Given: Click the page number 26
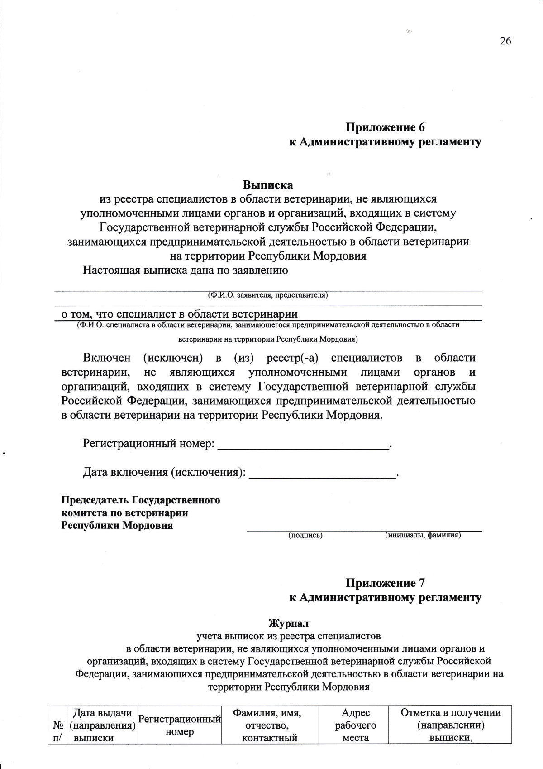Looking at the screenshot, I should pos(505,41).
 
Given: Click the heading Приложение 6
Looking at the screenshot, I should pos(385,127).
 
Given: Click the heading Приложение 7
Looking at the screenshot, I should pos(385,583).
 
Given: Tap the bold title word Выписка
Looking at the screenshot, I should pos(268,185).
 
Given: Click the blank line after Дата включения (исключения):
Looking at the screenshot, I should pos(323,473).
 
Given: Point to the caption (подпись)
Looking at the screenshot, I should pos(305,535).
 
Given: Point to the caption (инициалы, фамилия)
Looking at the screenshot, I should pos(423,535).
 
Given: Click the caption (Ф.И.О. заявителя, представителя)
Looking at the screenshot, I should pos(268,295).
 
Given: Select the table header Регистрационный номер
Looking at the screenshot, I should pos(180,725).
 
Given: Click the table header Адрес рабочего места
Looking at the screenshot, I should pos(355,725).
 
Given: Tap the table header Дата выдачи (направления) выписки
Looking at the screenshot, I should pos(102,725).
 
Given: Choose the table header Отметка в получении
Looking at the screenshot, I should pos(451,712).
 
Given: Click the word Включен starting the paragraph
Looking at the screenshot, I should pos(106,358).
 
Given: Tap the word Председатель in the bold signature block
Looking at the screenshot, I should pos(95,500).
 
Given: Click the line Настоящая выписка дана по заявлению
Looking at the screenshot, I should pos(186,271).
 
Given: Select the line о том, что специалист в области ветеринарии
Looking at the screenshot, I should pos(180,314).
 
